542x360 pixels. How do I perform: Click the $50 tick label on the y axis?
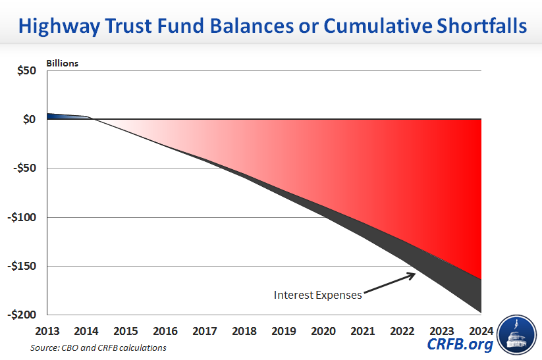26,70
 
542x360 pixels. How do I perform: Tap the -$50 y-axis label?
24,168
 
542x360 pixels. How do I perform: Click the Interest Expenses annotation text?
318,295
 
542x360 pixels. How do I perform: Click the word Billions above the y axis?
62,63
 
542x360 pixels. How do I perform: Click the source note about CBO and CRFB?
98,347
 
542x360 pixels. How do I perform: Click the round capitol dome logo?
518,334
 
